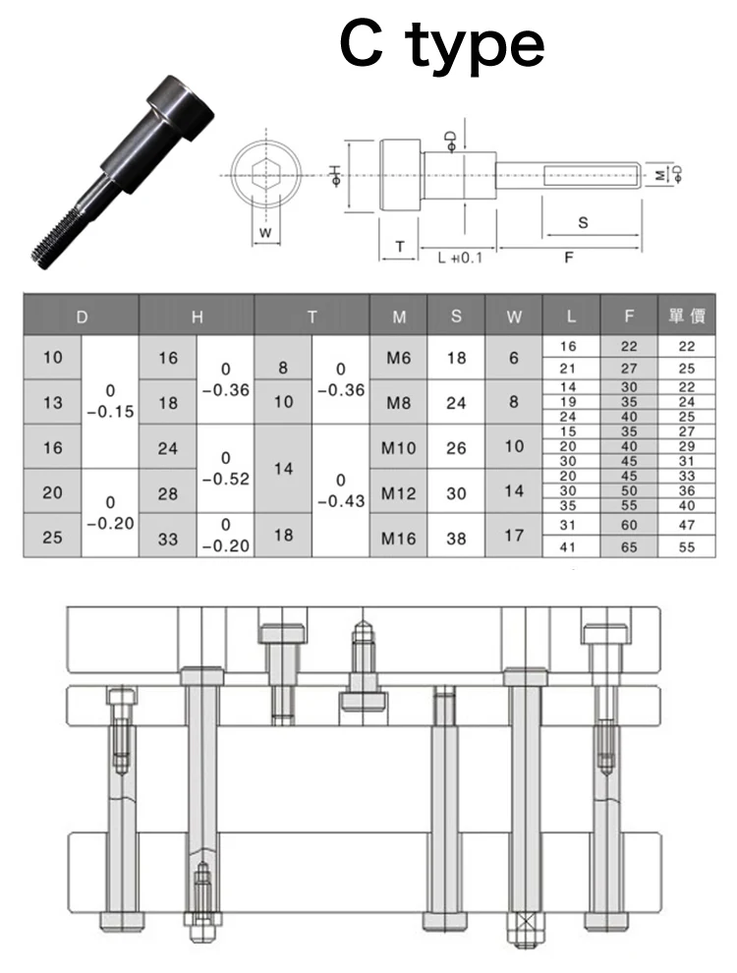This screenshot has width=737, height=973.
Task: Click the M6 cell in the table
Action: (x=398, y=358)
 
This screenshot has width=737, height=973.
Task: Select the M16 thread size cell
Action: (x=398, y=538)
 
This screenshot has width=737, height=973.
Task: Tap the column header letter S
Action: (x=456, y=316)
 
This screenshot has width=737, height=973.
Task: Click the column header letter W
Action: (x=514, y=317)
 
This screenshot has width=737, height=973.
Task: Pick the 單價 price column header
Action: (x=687, y=315)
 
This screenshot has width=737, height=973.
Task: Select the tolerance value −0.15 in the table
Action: (x=110, y=412)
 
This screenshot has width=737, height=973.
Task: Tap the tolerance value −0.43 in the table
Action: (x=341, y=501)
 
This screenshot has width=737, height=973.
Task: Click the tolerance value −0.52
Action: (x=226, y=479)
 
